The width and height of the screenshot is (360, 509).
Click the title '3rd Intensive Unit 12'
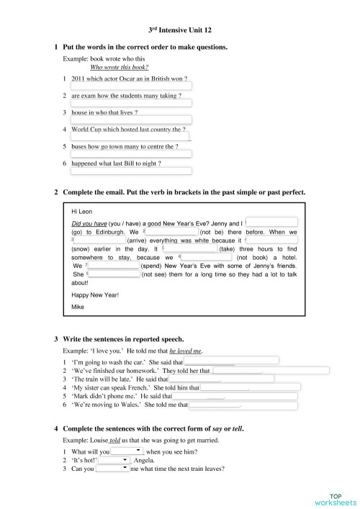pyautogui.click(x=179, y=30)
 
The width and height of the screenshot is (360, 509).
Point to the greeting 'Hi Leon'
pyautogui.click(x=83, y=212)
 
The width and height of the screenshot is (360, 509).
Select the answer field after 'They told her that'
pyautogui.click(x=271, y=371)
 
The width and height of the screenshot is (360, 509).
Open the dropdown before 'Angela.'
pyautogui.click(x=114, y=460)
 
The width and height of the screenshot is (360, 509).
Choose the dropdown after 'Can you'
pyautogui.click(x=112, y=469)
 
